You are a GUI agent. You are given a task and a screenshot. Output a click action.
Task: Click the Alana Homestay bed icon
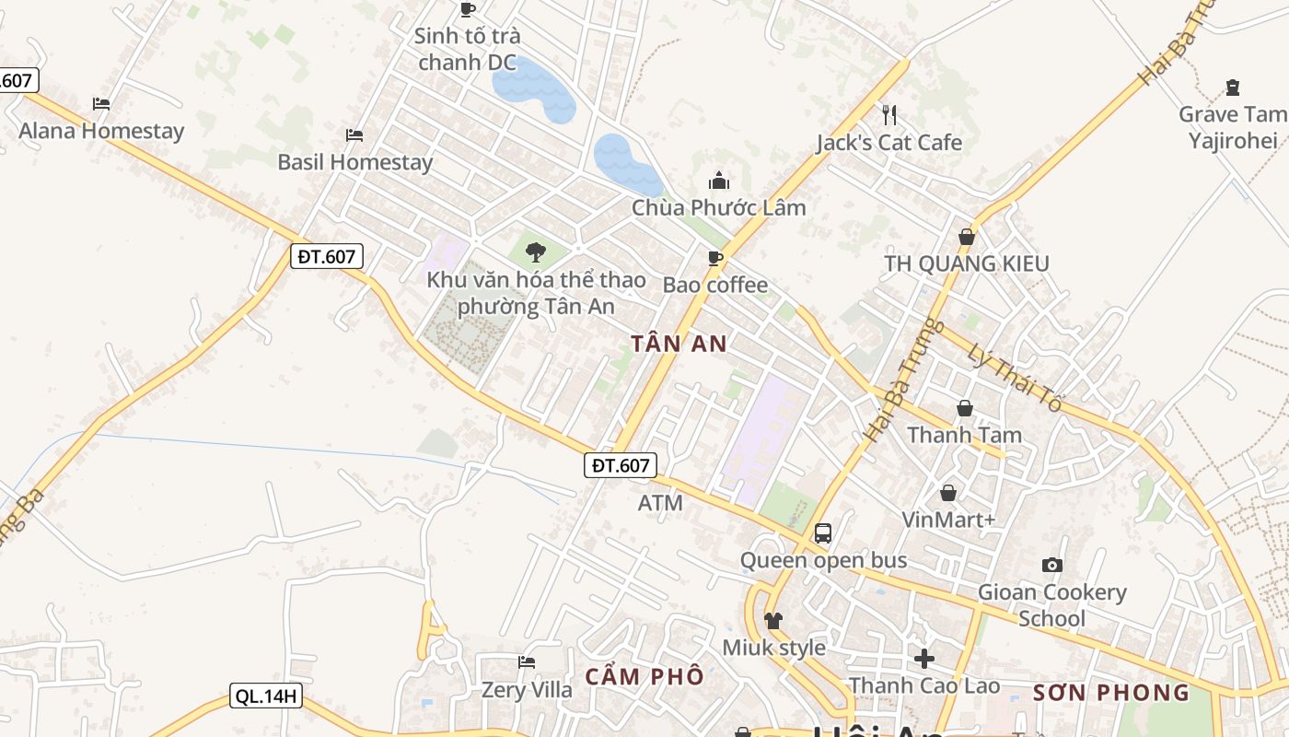pos(101,103)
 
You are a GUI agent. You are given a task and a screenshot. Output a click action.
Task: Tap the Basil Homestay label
pos(355,162)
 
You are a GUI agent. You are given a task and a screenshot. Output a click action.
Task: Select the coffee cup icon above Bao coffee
pos(715,258)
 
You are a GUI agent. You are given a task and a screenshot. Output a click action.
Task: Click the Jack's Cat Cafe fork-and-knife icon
pos(888,114)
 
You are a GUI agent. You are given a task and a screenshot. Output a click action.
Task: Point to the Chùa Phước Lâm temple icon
pos(719,181)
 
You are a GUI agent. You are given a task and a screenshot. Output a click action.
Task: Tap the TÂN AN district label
pos(679,344)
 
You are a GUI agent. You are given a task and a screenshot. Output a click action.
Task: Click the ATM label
pos(660,503)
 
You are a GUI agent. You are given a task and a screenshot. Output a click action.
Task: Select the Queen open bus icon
pos(823,532)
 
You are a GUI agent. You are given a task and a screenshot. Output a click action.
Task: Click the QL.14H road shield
pos(266,696)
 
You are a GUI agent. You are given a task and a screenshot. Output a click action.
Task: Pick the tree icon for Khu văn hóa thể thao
pos(535,252)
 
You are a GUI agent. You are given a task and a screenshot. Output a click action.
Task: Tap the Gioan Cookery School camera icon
pos(1052,565)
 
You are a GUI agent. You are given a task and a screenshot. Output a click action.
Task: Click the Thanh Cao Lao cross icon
pos(924,658)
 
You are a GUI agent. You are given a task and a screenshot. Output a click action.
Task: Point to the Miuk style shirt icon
pos(773,620)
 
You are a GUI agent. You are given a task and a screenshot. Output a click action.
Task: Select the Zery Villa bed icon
pos(527,662)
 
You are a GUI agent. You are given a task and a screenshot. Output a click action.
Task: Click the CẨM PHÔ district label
pos(644,676)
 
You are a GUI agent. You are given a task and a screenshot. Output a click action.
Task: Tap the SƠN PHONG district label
pos(1111,693)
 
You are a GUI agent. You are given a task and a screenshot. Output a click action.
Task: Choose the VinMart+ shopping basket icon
pos(948,493)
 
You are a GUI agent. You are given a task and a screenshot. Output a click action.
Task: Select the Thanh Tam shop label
pos(965,435)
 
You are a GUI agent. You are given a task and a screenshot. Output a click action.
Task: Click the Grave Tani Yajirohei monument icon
pos(1233,88)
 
